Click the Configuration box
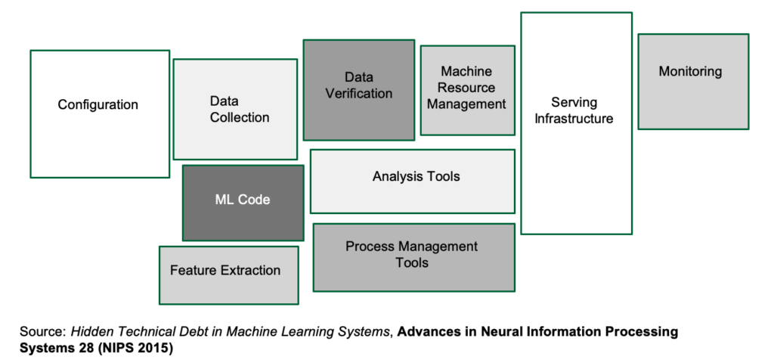pyautogui.click(x=99, y=113)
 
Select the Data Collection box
pyautogui.click(x=235, y=109)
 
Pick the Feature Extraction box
pyautogui.click(x=228, y=275)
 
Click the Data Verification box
pyautogui.click(x=358, y=90)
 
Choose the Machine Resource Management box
pyautogui.click(x=467, y=90)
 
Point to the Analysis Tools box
pyautogui.click(x=413, y=181)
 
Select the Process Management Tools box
pyautogui.click(x=413, y=257)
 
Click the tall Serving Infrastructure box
pyautogui.click(x=576, y=123)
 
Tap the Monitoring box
pyautogui.click(x=693, y=81)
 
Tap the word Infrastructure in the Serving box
pyautogui.click(x=574, y=119)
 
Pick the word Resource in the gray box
pyautogui.click(x=466, y=88)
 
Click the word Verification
pyautogui.click(x=358, y=94)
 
